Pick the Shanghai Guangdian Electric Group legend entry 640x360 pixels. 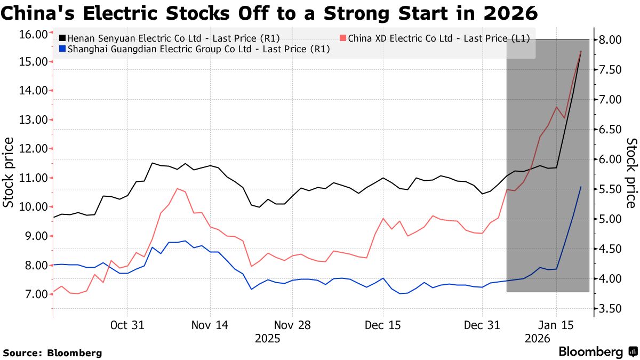pos(195,49)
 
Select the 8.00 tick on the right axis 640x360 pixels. pos(610,40)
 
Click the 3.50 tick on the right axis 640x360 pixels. pos(610,309)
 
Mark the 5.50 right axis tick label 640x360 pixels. pos(610,189)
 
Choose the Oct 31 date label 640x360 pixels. pos(127,324)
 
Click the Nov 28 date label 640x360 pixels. pos(292,324)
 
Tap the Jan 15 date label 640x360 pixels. pos(556,324)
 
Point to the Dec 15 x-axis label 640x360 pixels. pos(382,324)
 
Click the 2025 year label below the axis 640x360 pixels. pos(267,338)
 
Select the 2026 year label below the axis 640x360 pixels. pos(538,338)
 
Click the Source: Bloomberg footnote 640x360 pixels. pos(52,353)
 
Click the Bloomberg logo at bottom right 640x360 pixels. pos(598,352)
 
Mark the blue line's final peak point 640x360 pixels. pos(581,187)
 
